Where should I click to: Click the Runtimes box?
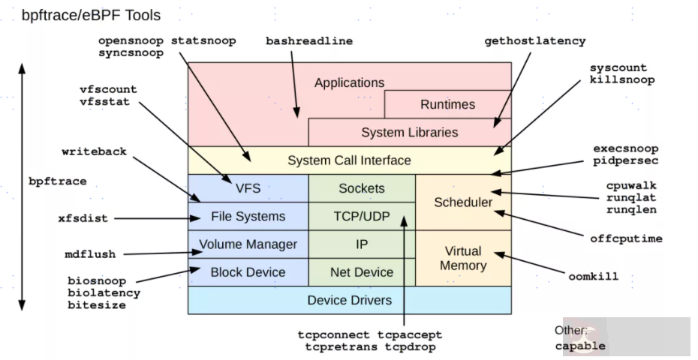click(447, 105)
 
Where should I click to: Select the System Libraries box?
click(409, 133)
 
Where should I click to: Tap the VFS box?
click(248, 188)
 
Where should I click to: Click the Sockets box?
click(362, 188)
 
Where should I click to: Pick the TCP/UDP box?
click(362, 217)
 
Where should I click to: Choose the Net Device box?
click(362, 272)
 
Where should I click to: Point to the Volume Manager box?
click(248, 244)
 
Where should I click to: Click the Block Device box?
click(248, 272)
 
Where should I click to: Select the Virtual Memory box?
click(463, 258)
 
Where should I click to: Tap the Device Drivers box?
click(349, 300)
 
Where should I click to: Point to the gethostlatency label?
click(534, 40)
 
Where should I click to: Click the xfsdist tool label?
click(83, 218)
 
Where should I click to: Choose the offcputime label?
click(626, 238)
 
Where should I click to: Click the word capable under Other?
click(580, 346)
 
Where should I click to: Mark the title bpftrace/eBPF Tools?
click(91, 14)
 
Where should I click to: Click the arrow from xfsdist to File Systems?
click(150, 218)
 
